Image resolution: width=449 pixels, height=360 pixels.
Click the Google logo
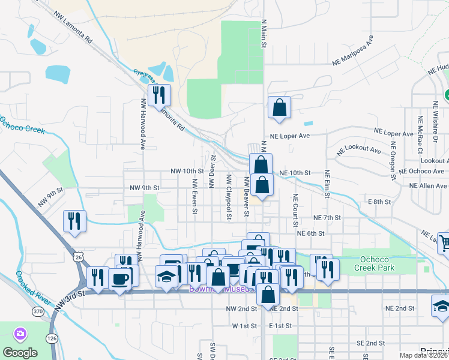pos(20,352)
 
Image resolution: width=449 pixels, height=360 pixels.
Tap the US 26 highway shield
pos(79,257)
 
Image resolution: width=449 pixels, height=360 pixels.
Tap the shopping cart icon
pos(444,243)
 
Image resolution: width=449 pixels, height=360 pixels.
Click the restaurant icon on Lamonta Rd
pos(159,95)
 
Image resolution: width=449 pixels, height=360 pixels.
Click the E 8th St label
pos(379,202)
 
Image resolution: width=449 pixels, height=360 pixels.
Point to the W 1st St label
pos(244,325)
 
